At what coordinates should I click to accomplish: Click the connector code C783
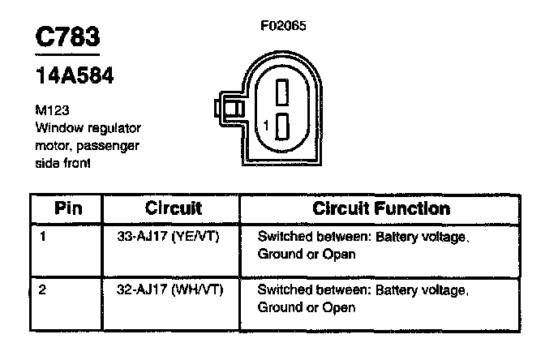coord(68,38)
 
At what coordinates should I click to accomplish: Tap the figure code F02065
coord(283,25)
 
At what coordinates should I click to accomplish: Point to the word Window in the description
coord(56,128)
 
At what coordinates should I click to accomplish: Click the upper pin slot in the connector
coord(282,93)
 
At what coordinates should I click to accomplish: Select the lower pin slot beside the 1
coord(282,126)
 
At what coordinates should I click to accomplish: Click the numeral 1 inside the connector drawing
coord(266,126)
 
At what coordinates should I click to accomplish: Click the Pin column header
coord(68,208)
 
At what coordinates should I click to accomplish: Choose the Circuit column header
coord(173,208)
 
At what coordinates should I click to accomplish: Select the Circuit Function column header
coord(380,208)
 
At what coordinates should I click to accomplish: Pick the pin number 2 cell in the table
coord(41,289)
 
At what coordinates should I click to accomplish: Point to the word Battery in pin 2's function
coord(375,289)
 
